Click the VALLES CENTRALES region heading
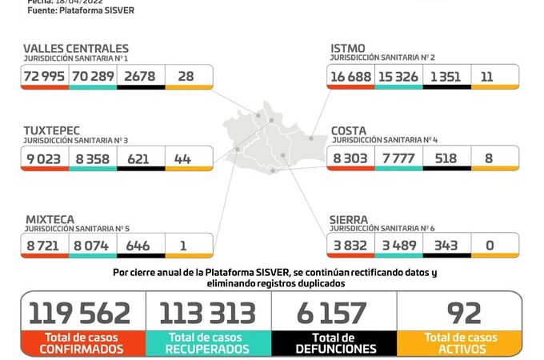click(x=75, y=49)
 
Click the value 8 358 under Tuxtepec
click(x=93, y=158)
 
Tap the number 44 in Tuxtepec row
click(x=182, y=158)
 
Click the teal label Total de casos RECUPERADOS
click(x=207, y=343)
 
